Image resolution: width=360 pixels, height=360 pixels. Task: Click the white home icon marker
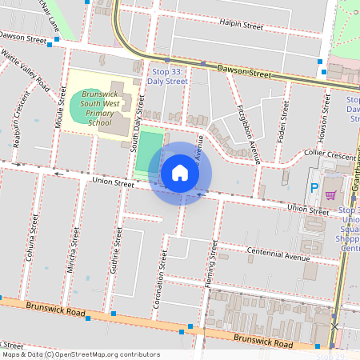pyautogui.click(x=180, y=173)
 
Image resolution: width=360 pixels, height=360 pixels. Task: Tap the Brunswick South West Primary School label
pyautogui.click(x=100, y=109)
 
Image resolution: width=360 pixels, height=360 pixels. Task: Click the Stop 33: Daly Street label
pyautogui.click(x=170, y=77)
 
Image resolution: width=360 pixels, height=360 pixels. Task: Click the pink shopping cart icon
pyautogui.click(x=330, y=193)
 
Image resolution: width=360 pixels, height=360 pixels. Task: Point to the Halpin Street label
pyautogui.click(x=242, y=26)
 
